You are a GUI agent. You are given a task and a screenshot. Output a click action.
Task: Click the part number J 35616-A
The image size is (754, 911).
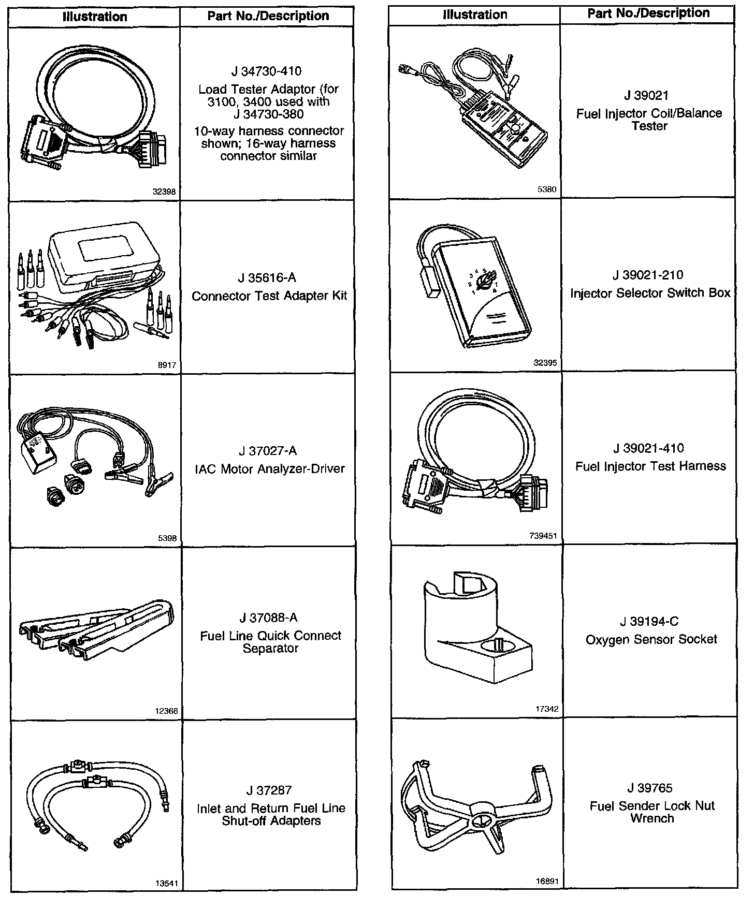(x=267, y=278)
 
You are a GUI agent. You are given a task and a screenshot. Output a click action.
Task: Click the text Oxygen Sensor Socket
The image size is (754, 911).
(x=651, y=640)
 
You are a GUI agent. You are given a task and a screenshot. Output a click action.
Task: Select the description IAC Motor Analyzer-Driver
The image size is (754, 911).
(x=269, y=469)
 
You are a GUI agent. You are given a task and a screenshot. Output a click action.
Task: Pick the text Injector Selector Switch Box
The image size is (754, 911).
(x=650, y=293)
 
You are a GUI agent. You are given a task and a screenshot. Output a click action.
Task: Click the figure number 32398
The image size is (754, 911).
(x=164, y=192)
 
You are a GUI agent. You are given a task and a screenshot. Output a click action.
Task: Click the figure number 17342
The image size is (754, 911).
(x=547, y=709)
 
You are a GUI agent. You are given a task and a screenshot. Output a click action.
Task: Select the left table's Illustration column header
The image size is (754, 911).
(x=95, y=17)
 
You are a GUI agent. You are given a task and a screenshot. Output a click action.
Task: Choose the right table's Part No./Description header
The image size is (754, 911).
(x=648, y=13)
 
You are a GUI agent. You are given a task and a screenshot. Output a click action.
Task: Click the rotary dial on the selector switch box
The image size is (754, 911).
(x=485, y=283)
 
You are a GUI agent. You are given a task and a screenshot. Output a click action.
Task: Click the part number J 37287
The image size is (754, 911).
(x=269, y=790)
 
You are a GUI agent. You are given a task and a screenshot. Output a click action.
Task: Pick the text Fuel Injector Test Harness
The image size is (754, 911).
(x=650, y=466)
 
